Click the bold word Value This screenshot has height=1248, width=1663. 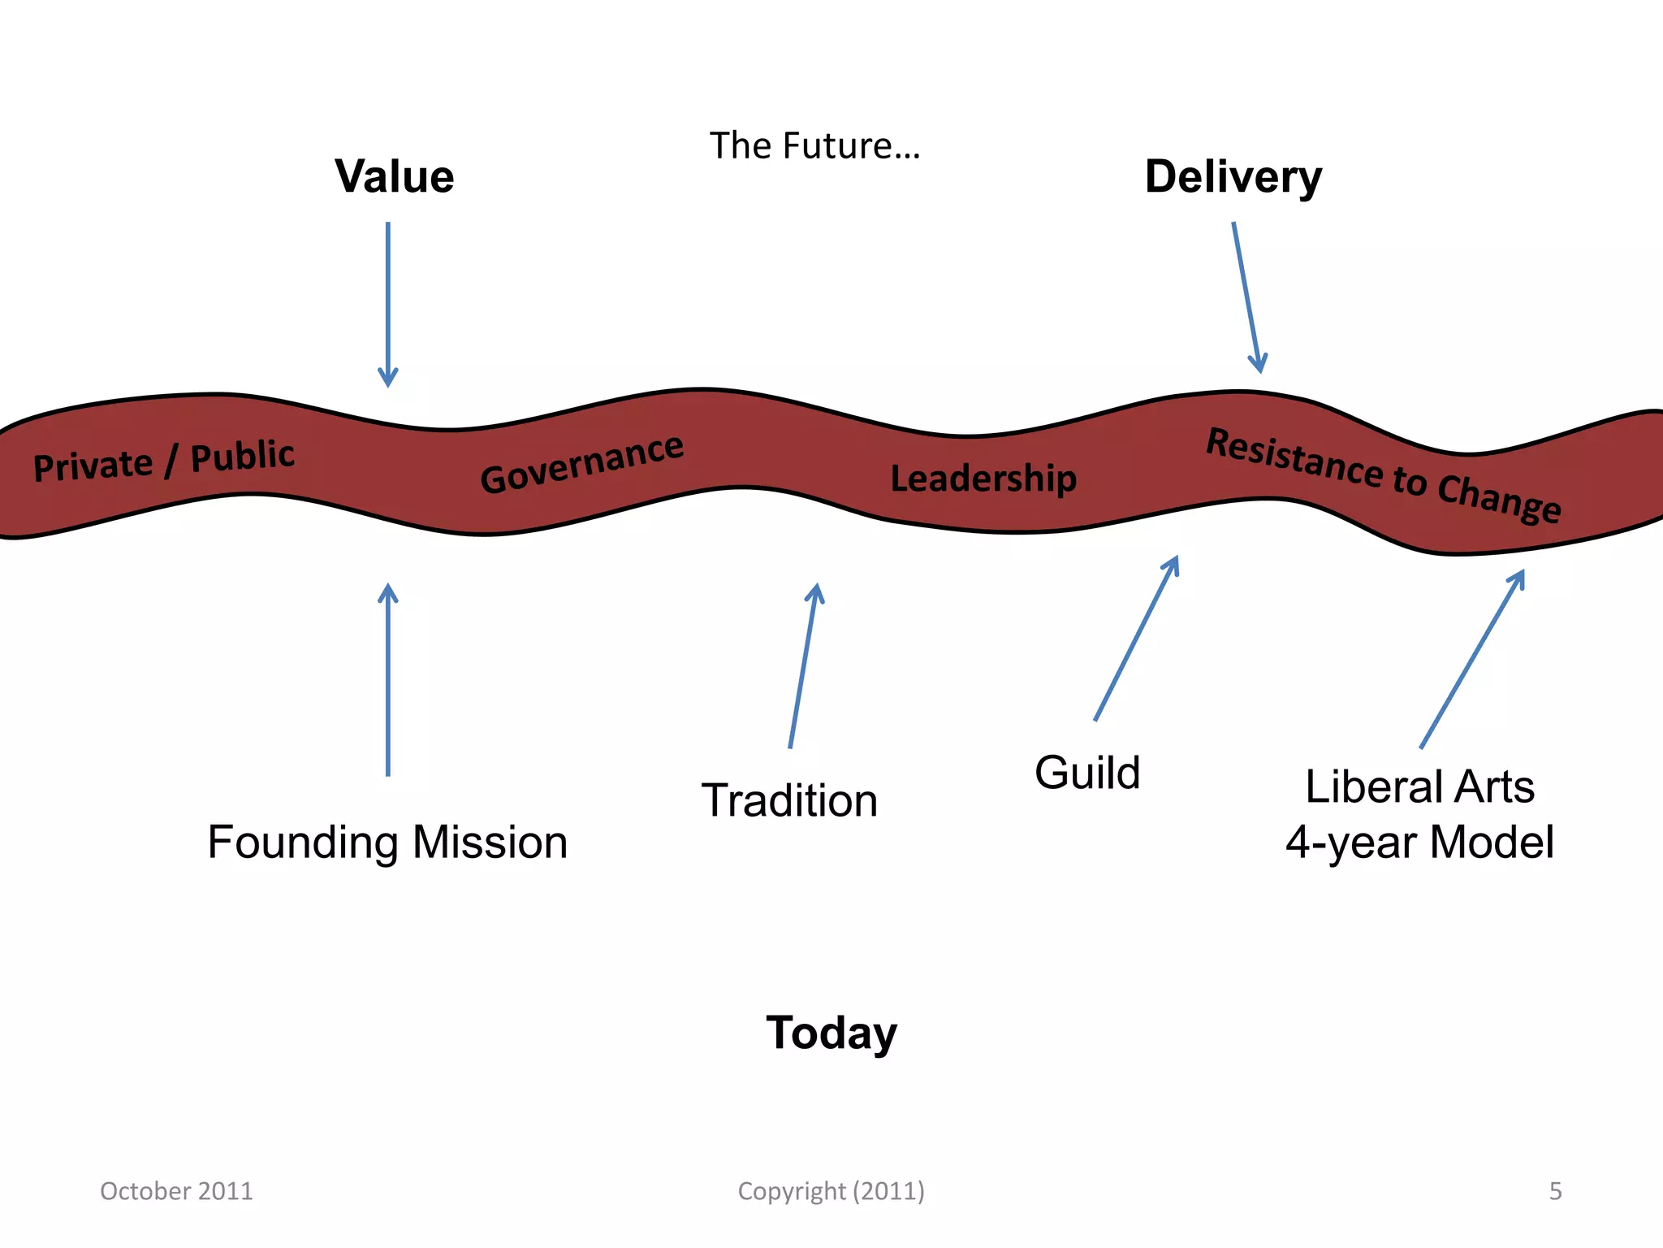(394, 176)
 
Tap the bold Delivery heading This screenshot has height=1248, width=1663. (1233, 178)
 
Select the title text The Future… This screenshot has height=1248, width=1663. (814, 146)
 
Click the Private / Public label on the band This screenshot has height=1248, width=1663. (163, 460)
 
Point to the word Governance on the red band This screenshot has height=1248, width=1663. (581, 463)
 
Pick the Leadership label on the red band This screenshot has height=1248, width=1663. (983, 478)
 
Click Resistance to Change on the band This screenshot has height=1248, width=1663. (1383, 474)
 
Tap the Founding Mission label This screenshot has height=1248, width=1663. (387, 842)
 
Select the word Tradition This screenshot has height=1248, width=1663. (789, 800)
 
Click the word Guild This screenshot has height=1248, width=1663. (1087, 772)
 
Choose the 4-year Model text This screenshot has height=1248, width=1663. (1419, 842)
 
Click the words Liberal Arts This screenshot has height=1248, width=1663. (1419, 786)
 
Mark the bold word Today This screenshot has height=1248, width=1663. (831, 1033)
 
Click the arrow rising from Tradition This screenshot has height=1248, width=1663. (803, 666)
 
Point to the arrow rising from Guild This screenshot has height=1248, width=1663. (1136, 639)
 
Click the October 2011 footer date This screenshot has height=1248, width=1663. (176, 1191)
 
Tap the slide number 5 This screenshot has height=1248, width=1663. (1555, 1191)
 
